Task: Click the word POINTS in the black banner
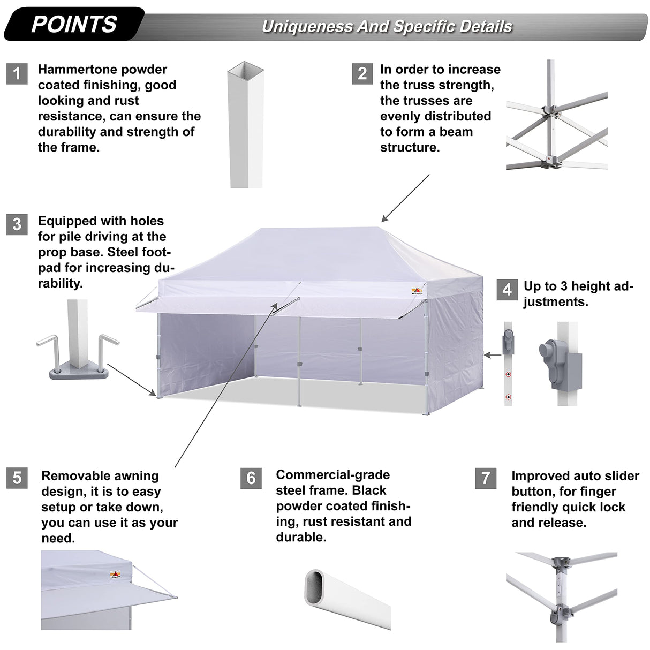[74, 25]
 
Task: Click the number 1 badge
[17, 73]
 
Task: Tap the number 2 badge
[362, 73]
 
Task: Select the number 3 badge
[17, 224]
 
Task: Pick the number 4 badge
[507, 290]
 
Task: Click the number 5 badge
[17, 477]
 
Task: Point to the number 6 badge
[251, 478]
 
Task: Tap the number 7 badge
[486, 478]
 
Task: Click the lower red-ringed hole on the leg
[508, 397]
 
